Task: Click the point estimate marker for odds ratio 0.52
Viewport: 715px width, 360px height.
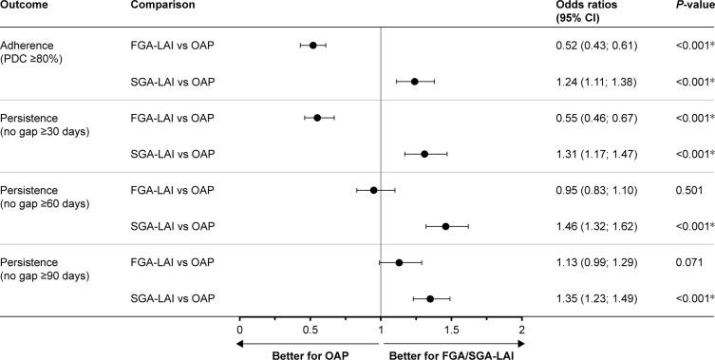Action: click(x=312, y=46)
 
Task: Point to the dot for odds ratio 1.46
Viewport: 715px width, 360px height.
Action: click(x=445, y=226)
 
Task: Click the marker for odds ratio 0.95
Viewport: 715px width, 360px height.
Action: click(x=373, y=190)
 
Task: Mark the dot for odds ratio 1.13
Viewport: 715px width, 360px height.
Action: click(x=399, y=262)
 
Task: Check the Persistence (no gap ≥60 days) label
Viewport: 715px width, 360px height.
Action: click(x=46, y=198)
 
